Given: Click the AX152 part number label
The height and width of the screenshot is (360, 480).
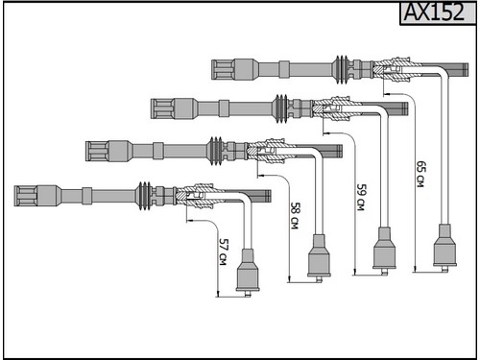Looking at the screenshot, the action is [x=434, y=12].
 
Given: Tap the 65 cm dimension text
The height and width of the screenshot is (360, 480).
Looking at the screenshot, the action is [x=421, y=174].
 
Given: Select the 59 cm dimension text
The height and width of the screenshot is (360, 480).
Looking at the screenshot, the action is [x=362, y=197].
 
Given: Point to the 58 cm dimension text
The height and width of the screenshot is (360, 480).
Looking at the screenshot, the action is [x=295, y=215].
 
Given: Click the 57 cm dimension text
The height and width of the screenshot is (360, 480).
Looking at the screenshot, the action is [x=224, y=252].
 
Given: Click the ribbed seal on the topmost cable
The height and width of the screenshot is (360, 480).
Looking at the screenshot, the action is [x=342, y=70].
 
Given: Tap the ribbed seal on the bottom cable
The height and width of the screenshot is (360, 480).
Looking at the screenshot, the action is [x=145, y=196].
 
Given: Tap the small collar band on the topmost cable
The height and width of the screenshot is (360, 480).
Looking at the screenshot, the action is [x=284, y=69].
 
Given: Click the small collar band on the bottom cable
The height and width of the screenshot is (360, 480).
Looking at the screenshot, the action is [x=86, y=196].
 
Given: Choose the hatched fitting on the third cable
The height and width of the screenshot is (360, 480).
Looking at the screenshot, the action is [x=271, y=151].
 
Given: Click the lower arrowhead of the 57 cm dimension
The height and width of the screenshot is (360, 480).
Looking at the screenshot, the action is [x=218, y=294].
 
